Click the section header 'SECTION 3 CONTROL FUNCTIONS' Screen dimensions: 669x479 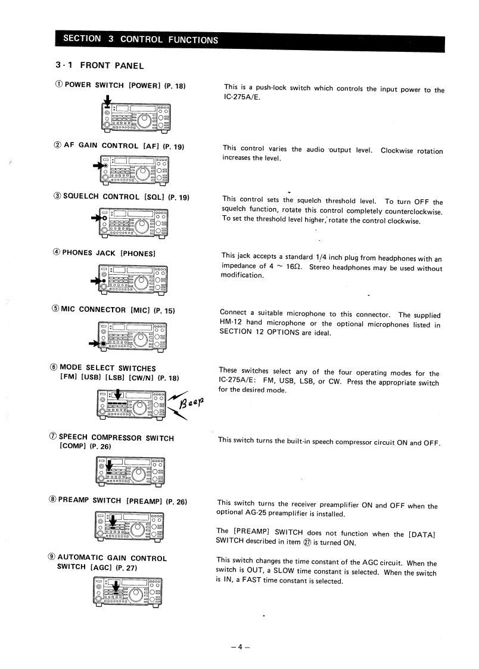tap(140, 39)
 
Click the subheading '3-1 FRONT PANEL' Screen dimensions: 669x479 tap(99, 65)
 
